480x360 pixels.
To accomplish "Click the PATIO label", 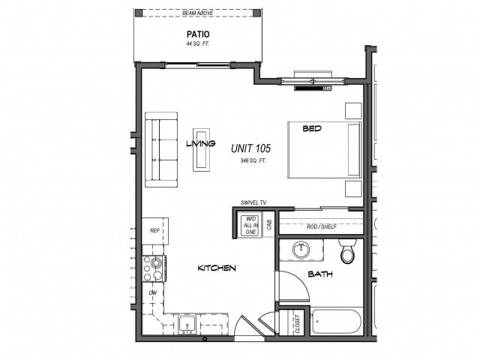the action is pyautogui.click(x=198, y=34).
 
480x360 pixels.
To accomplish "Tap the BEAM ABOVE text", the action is pyautogui.click(x=197, y=13).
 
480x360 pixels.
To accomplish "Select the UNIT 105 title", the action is pyautogui.click(x=250, y=148).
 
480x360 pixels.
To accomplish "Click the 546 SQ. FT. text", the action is pyautogui.click(x=253, y=160).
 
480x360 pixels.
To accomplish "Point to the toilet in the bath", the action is pyautogui.click(x=347, y=250).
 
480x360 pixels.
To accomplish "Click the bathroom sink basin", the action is pyautogui.click(x=301, y=250).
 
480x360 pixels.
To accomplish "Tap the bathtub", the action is pyautogui.click(x=336, y=322).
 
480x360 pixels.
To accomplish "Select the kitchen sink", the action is pyautogui.click(x=187, y=325).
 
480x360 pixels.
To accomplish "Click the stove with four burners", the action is pyautogui.click(x=154, y=268).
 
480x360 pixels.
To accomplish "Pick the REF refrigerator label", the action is pyautogui.click(x=155, y=231).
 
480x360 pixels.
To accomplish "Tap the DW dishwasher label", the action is pyautogui.click(x=153, y=293).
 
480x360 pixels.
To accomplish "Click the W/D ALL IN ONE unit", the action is pyautogui.click(x=250, y=225).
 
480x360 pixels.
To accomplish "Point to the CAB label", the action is pyautogui.click(x=269, y=225).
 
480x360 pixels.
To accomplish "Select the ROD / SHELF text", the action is pyautogui.click(x=322, y=226).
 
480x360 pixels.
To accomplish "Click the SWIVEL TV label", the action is pyautogui.click(x=253, y=202).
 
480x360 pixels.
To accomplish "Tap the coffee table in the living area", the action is pyautogui.click(x=201, y=150).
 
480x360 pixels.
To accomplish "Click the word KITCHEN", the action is pyautogui.click(x=217, y=268).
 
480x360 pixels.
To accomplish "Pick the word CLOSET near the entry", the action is pyautogui.click(x=298, y=324).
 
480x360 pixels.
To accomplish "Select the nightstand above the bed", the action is pyautogui.click(x=353, y=111).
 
